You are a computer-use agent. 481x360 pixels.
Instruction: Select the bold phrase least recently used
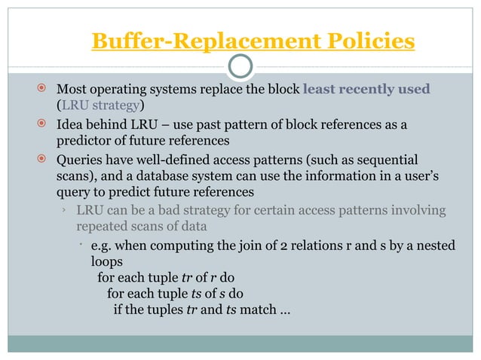pyautogui.click(x=366, y=89)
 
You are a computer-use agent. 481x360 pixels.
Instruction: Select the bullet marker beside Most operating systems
pyautogui.click(x=44, y=89)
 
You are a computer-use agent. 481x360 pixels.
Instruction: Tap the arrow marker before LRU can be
pyautogui.click(x=65, y=210)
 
